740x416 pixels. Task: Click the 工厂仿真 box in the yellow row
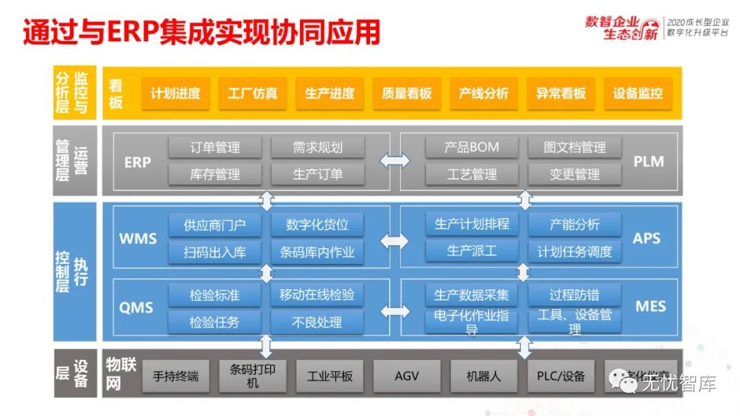click(253, 94)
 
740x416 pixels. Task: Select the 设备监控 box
click(638, 94)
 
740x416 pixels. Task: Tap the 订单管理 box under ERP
click(215, 147)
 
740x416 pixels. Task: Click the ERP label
click(138, 162)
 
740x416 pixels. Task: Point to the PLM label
click(648, 162)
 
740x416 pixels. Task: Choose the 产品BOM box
click(471, 147)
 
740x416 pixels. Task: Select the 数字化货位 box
click(317, 225)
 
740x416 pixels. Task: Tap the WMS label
click(138, 239)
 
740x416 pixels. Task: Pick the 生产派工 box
click(471, 252)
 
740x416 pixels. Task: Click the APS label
click(647, 238)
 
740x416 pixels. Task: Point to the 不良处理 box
click(317, 322)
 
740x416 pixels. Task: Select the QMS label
click(136, 308)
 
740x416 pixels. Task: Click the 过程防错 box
click(574, 295)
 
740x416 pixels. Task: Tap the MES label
click(650, 306)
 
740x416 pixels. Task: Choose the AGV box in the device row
click(407, 376)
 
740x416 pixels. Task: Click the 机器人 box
click(484, 376)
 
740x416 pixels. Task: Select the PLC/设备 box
click(561, 376)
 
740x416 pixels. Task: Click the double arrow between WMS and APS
click(395, 241)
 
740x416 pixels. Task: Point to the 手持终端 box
click(175, 376)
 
